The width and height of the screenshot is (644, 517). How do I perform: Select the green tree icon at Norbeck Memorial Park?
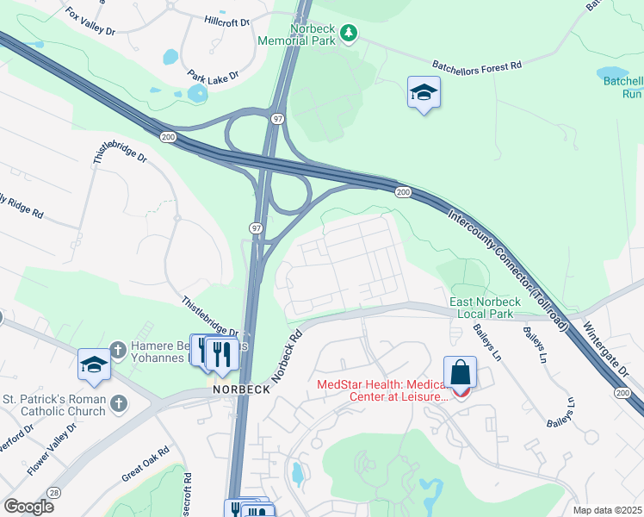(x=349, y=33)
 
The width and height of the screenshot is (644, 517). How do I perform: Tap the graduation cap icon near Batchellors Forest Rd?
(x=423, y=93)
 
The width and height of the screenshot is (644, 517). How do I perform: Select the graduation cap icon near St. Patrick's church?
(x=94, y=364)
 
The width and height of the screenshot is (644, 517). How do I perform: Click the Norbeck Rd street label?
(x=287, y=356)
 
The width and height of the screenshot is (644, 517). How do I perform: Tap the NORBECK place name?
(x=242, y=389)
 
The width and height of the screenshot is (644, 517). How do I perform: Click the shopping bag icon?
(x=461, y=374)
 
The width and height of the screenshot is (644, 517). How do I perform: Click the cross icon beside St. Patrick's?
(x=119, y=402)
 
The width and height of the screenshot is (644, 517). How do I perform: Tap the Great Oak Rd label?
(x=144, y=464)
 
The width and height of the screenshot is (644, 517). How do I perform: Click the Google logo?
(x=28, y=506)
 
